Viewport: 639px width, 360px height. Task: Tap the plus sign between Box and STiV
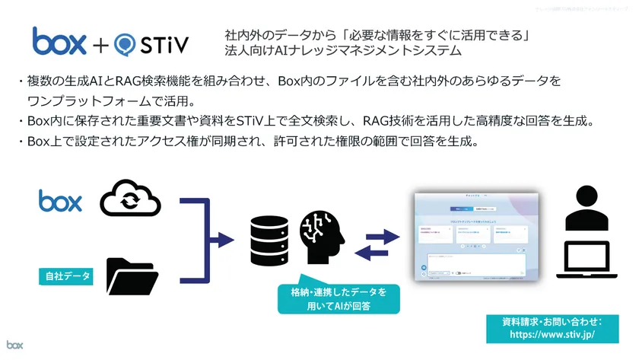click(x=103, y=43)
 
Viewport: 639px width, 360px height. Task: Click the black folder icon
click(x=131, y=276)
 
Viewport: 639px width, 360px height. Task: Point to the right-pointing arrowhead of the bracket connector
click(x=226, y=241)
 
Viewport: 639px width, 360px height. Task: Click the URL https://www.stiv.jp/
click(x=552, y=333)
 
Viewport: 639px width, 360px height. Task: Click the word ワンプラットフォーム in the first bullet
click(x=76, y=100)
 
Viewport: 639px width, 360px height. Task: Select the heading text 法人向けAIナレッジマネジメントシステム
click(x=342, y=51)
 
